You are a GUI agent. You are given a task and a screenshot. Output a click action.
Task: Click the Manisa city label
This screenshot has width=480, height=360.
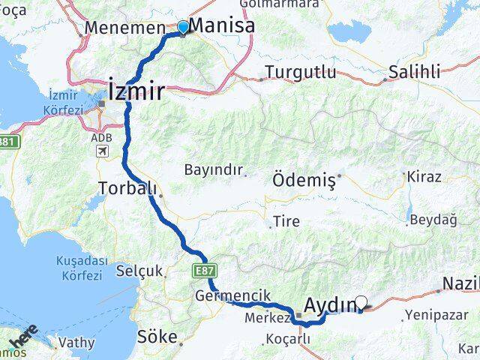[x=221, y=25]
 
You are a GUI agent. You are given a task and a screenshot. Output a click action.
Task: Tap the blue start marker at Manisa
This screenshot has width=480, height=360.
[x=182, y=28]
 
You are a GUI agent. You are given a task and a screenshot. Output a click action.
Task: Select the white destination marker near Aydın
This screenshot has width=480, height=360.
[x=361, y=303]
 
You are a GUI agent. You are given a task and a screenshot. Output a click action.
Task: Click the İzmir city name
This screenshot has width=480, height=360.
[x=137, y=91]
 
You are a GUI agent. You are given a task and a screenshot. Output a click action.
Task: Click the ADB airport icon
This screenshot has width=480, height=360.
[x=100, y=150]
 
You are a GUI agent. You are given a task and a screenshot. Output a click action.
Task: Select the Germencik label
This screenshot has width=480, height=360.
[x=232, y=295]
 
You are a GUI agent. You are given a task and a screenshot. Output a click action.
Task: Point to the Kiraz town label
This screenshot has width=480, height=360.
[x=424, y=177]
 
